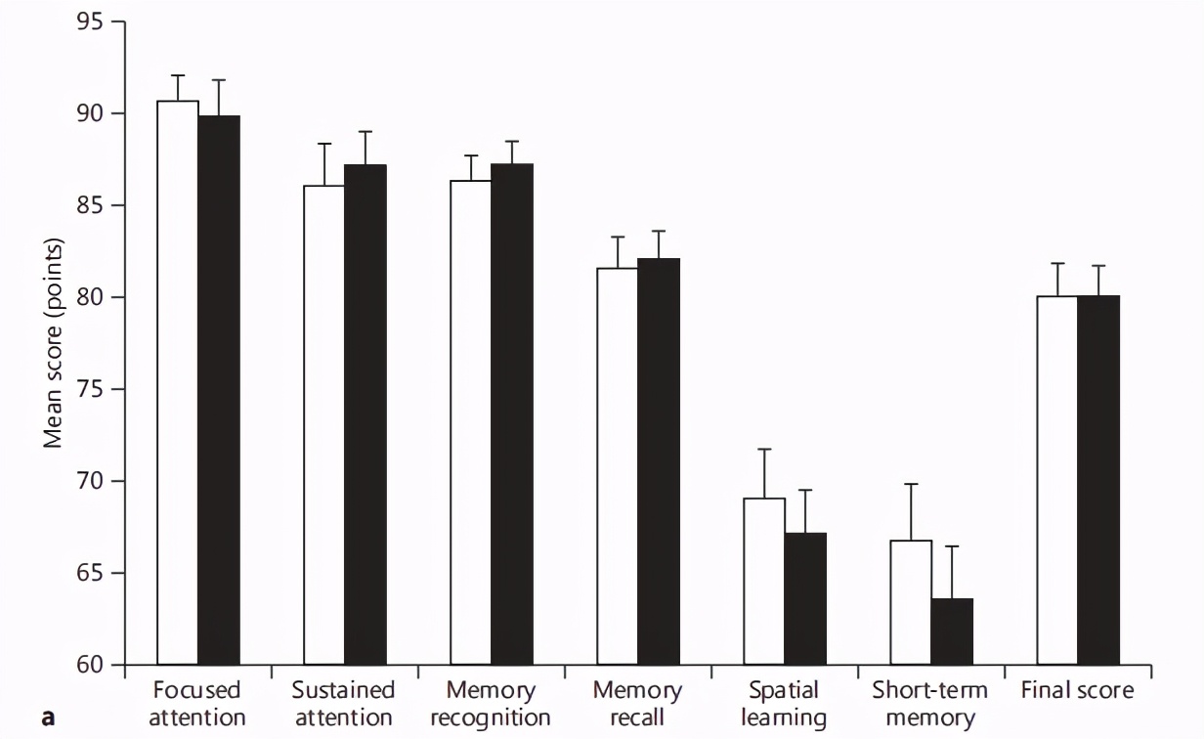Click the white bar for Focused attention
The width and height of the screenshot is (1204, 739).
point(178,381)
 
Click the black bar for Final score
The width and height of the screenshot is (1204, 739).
point(1098,479)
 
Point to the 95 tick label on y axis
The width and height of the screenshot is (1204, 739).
point(92,22)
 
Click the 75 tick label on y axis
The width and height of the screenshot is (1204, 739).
point(92,389)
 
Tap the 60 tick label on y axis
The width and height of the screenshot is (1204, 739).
point(92,665)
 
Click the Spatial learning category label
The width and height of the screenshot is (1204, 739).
point(784,704)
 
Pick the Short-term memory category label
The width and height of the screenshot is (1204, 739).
point(929,704)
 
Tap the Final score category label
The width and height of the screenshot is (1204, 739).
point(1077,691)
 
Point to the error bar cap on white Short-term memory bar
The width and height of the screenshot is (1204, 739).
point(911,484)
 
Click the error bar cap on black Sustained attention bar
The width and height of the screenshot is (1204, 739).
point(365,132)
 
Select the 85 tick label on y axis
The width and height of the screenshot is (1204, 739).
point(92,206)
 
